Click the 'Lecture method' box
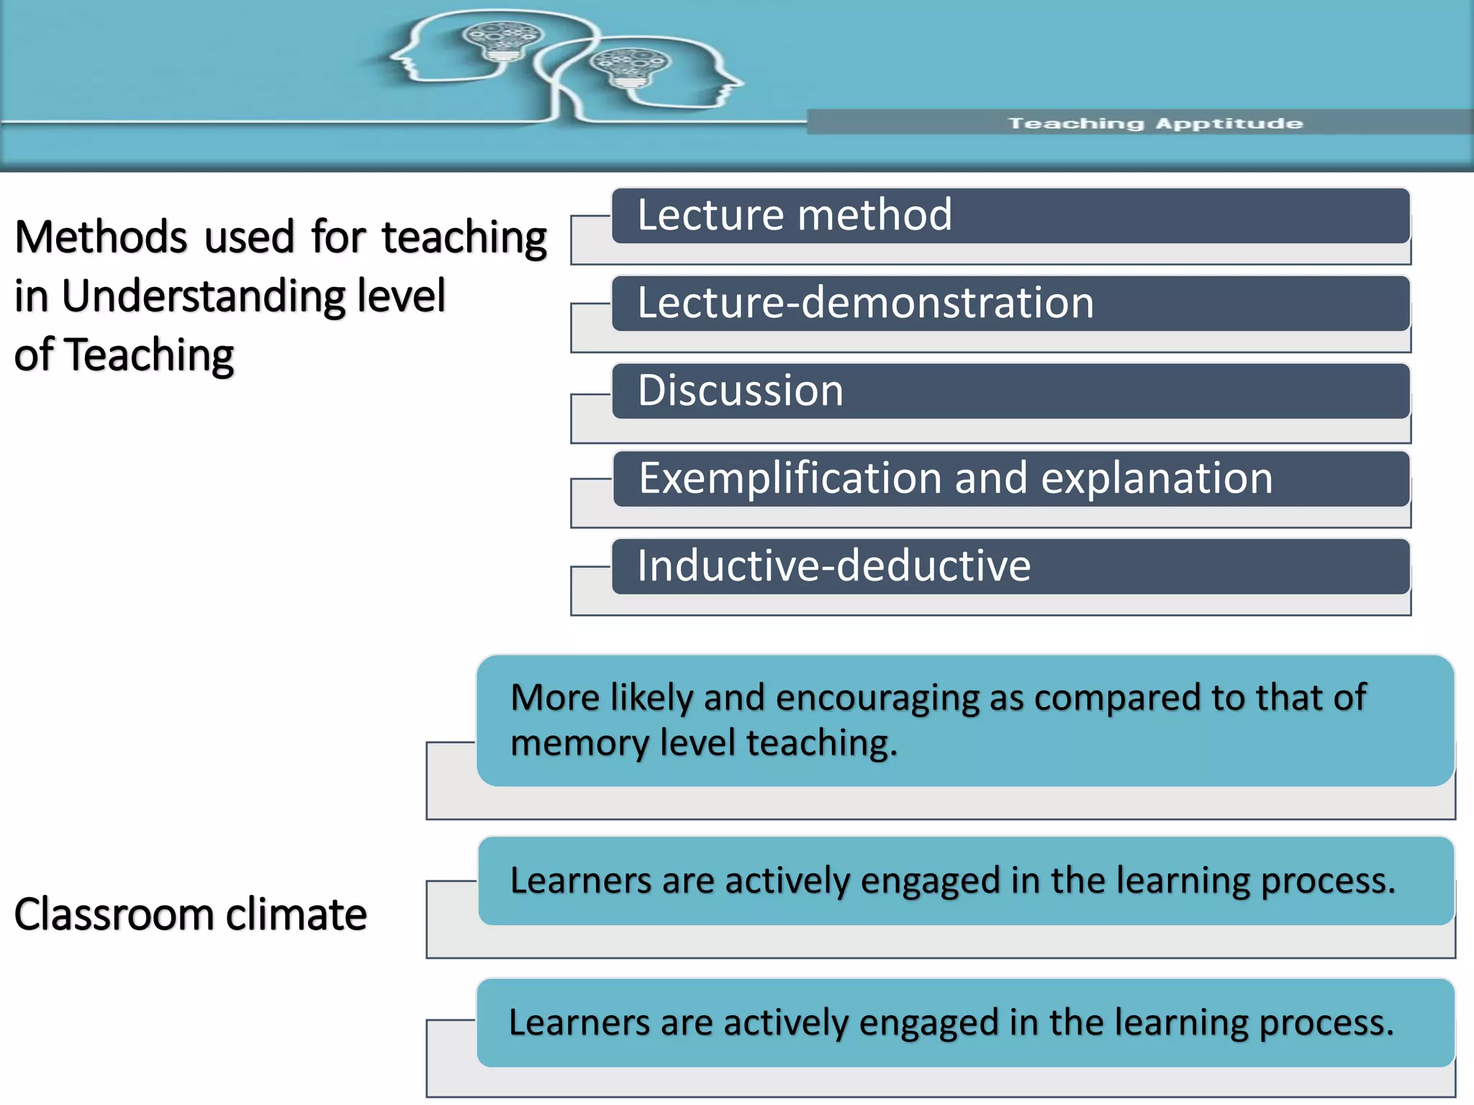coord(1010,216)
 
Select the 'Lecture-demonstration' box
coord(1010,303)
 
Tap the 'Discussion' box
coord(1010,391)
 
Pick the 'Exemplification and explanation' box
coord(1010,478)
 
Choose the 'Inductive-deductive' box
coord(1010,566)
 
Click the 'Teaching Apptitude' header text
coord(1154,123)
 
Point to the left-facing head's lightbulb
coord(502,42)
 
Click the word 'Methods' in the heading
coord(101,237)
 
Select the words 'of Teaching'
coord(124,355)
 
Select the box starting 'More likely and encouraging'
coord(964,719)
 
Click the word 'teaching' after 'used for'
coord(464,237)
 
